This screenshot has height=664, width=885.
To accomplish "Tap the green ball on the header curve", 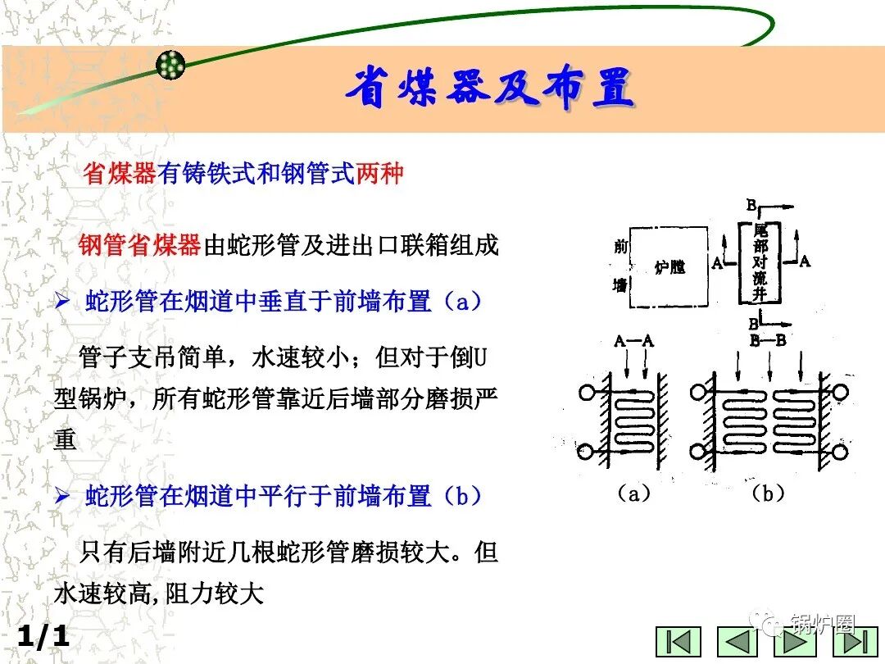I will pos(171,65).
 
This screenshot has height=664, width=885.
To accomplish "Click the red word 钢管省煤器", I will pos(140,245).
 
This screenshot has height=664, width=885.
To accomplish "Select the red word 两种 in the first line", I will pos(379,174).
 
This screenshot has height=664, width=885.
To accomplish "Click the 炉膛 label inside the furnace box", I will pos(670,267).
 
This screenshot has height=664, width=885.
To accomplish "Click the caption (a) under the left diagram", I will pos(633,493).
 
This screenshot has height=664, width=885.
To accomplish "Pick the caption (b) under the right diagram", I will pos(768,493).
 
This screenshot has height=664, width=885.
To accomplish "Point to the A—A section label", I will pos(633,342).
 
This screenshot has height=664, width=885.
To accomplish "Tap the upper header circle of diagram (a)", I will pos(587,393).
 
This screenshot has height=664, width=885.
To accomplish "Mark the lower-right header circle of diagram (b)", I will pos(841,452).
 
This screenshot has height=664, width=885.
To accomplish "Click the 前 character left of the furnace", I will pos(620,245).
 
